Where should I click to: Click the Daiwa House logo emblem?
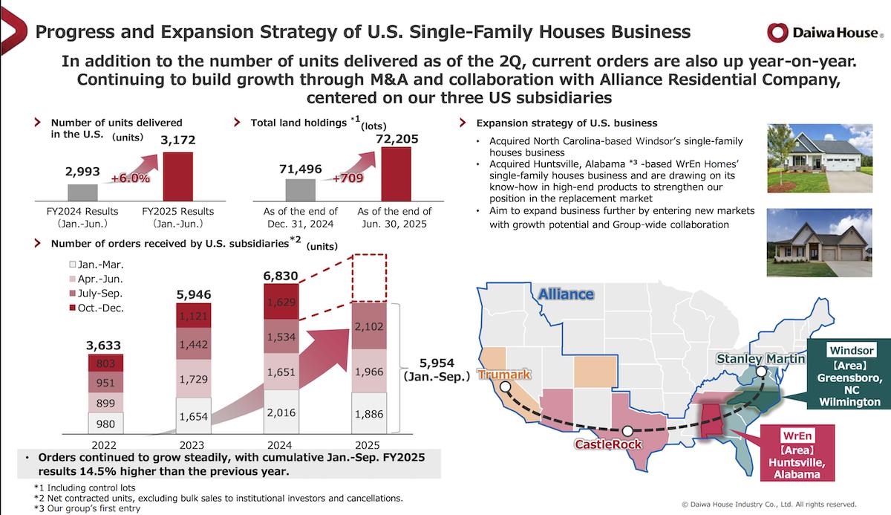tap(777, 33)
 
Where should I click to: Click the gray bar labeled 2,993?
tap(82, 192)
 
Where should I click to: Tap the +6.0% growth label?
tap(131, 178)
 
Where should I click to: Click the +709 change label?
tap(347, 178)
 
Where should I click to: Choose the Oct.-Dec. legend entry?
tap(96, 306)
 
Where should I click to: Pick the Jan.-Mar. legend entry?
tap(96, 264)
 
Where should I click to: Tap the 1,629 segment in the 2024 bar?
tap(282, 302)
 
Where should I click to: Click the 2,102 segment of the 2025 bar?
tap(370, 325)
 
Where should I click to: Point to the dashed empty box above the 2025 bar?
tap(370, 277)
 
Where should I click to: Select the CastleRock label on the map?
tap(607, 444)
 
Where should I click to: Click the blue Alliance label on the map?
tap(566, 294)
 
